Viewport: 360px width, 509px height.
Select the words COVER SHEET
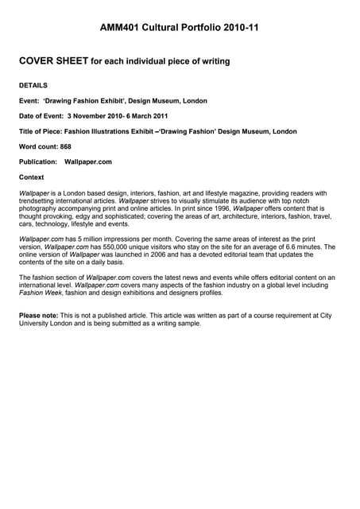[x=52, y=60]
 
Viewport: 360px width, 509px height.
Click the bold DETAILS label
[x=33, y=85]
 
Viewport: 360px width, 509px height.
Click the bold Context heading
[x=32, y=177]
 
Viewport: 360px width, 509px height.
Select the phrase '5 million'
[x=84, y=239]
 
